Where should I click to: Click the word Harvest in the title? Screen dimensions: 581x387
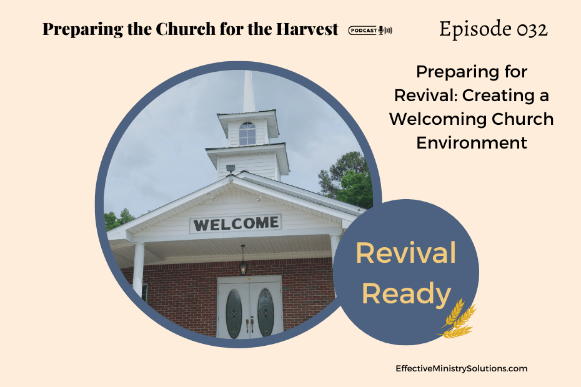(307, 29)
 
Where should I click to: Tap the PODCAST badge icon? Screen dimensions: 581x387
(370, 31)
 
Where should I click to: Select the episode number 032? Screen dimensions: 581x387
(532, 29)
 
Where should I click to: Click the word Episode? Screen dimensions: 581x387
(475, 29)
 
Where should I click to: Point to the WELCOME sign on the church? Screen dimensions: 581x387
(236, 223)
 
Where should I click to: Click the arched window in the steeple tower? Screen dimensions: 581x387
(247, 134)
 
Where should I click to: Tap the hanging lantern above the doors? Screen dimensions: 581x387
(243, 261)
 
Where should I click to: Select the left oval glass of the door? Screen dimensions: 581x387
(234, 314)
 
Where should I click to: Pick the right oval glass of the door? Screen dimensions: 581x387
(266, 312)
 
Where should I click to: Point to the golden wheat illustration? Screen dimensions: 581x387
(458, 319)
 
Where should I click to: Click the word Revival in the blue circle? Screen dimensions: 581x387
(405, 253)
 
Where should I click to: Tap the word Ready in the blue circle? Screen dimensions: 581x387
(406, 293)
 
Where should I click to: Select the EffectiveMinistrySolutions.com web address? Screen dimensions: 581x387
(461, 368)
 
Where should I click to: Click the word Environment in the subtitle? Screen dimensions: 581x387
(472, 142)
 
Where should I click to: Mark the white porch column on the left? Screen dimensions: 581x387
(138, 270)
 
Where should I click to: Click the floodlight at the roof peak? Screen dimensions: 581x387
(231, 169)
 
